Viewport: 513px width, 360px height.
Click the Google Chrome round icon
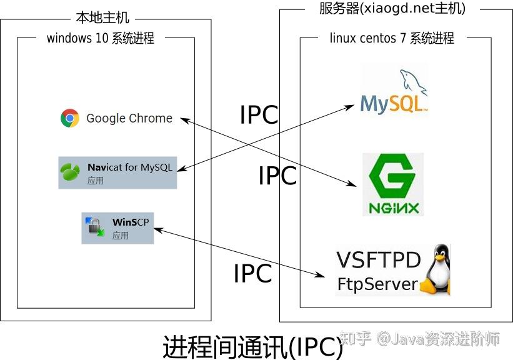pyautogui.click(x=70, y=118)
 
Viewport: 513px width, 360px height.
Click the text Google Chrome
pyautogui.click(x=129, y=118)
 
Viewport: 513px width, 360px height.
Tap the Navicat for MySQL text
pyautogui.click(x=129, y=167)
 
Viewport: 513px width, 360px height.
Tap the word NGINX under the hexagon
pyautogui.click(x=392, y=207)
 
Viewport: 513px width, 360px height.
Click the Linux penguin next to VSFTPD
pyautogui.click(x=436, y=271)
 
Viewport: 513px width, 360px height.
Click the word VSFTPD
pyautogui.click(x=379, y=260)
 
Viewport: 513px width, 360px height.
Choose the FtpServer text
pyautogui.click(x=377, y=284)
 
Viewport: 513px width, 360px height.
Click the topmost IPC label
pyautogui.click(x=259, y=115)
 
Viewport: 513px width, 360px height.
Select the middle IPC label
pyautogui.click(x=277, y=176)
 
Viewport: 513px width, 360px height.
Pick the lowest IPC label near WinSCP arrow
pyautogui.click(x=252, y=274)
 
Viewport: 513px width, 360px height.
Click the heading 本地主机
pyautogui.click(x=103, y=19)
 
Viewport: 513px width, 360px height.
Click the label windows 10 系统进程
pyautogui.click(x=101, y=38)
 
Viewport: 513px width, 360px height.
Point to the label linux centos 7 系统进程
pyautogui.click(x=392, y=38)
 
